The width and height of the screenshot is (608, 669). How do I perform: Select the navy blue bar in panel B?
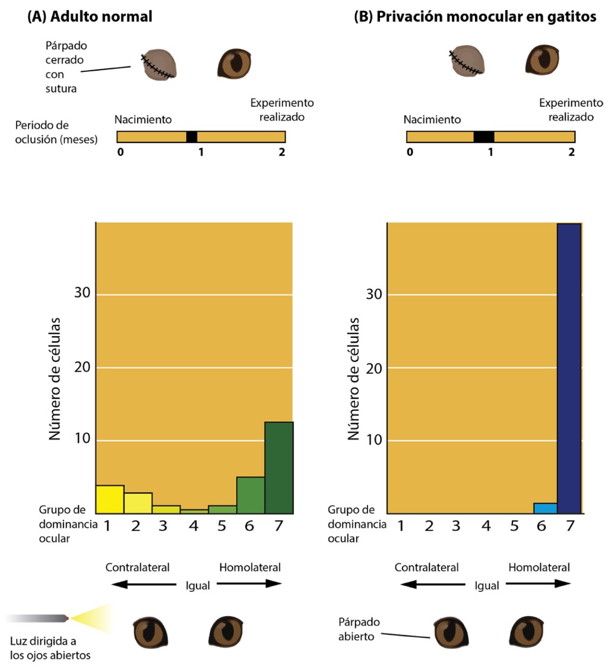pos(568,368)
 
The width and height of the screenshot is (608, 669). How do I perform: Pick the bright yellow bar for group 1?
pos(110,499)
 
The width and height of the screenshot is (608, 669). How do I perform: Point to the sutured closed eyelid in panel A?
pos(159,65)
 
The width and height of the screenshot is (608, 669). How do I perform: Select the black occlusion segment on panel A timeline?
pos(192,137)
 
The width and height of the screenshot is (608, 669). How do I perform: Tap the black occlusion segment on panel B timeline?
pos(484,137)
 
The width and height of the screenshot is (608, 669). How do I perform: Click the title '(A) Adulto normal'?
pos(90,17)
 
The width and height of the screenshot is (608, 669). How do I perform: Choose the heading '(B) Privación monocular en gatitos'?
pos(475,17)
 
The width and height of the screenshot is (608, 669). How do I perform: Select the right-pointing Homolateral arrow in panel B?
pos(539,584)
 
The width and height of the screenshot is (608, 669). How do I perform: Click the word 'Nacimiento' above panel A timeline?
pos(143,119)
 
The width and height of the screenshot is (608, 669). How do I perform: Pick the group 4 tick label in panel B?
pos(486,526)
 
